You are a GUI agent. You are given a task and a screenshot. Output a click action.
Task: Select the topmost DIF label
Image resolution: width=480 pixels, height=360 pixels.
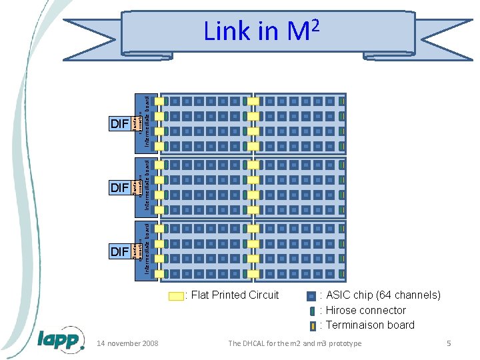[x=119, y=123]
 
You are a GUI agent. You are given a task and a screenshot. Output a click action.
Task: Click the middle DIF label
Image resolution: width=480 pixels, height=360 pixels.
[x=119, y=188]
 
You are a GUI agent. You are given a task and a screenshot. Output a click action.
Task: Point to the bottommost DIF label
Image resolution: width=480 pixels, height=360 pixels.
[x=119, y=251]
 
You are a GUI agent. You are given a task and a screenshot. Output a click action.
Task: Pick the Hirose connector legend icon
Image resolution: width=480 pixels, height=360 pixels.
[x=312, y=311]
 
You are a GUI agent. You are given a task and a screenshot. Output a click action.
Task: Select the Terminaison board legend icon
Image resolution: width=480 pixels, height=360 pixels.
[x=312, y=326]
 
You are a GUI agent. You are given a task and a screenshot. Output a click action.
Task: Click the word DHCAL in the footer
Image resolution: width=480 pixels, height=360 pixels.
[x=258, y=343]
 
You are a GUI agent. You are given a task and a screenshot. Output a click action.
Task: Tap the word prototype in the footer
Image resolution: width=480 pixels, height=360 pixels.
[x=343, y=343]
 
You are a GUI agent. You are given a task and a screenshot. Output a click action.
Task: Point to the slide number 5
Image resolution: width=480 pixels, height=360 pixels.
[x=449, y=343]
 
